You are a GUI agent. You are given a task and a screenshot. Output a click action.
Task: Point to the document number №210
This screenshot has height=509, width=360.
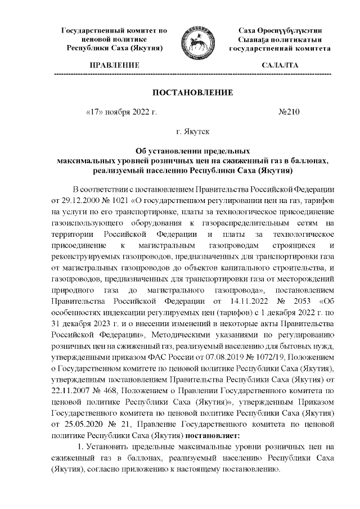click(x=290, y=112)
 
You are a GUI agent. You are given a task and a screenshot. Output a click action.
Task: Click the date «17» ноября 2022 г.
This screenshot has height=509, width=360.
click(x=120, y=112)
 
